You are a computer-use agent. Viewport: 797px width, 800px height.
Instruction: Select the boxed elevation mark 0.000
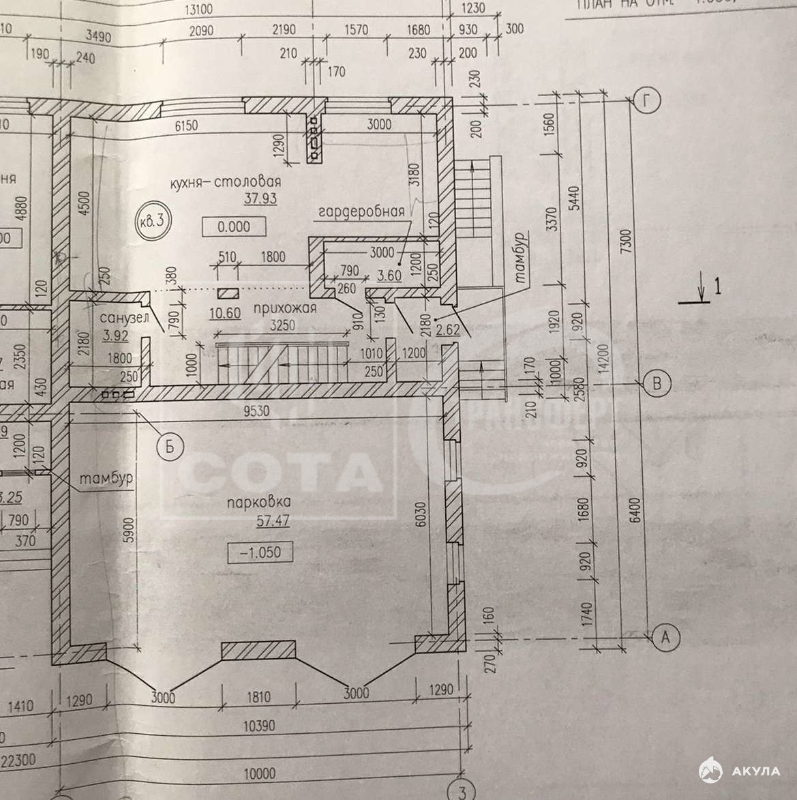[x=235, y=226]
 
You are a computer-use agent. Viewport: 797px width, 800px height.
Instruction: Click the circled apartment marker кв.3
[x=151, y=221]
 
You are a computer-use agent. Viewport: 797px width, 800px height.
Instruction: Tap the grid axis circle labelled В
[x=657, y=384]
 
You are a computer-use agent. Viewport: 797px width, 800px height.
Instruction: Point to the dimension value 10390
[x=259, y=726]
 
